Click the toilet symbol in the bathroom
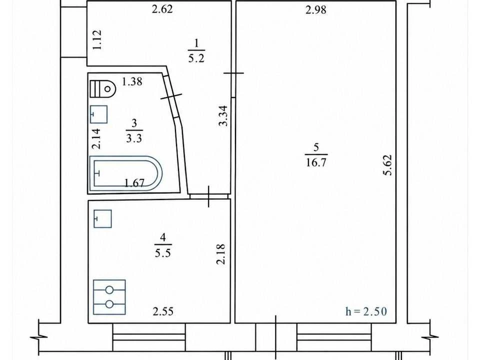tap(103, 89)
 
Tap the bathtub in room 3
tap(126, 173)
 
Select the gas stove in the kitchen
tap(109, 297)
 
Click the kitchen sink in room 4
tap(102, 218)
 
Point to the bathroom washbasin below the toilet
tap(98, 114)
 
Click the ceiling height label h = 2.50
tap(366, 311)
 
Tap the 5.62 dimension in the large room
tap(388, 165)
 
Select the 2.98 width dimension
tap(316, 10)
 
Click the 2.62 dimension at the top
tap(162, 9)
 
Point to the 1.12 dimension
tap(97, 40)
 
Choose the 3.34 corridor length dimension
tap(223, 115)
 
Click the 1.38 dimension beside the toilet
tap(132, 81)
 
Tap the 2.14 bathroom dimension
tap(96, 138)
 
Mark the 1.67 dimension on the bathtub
tap(134, 183)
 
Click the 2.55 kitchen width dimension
tap(163, 311)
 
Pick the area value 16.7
tap(316, 162)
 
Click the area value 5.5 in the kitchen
tap(163, 253)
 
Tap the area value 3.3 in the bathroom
tap(134, 138)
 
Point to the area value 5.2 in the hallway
tap(196, 58)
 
